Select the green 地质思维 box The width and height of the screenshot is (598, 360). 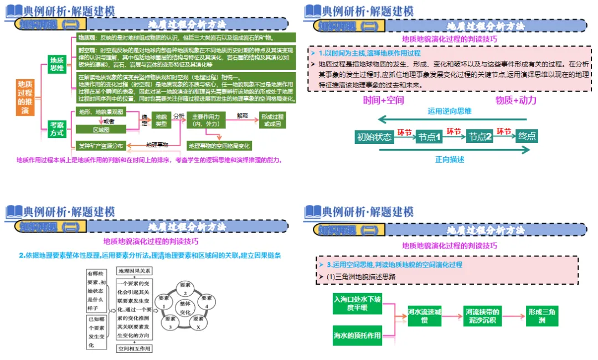pos(56,64)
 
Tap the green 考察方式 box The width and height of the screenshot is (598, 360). pos(56,129)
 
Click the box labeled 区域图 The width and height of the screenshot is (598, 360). pos(101,130)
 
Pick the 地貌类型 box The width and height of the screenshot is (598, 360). pos(161,121)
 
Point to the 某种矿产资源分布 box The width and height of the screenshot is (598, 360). pos(100,146)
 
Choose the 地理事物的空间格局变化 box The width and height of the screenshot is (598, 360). pos(219,146)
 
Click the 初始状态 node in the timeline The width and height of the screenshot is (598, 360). pos(374,137)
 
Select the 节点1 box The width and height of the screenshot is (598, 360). pos(429,137)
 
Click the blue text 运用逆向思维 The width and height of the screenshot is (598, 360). pos(449,111)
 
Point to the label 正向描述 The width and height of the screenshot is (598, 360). pos(449,160)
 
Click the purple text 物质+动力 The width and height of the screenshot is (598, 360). pos(516,100)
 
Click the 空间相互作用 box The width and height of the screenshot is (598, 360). pos(133,348)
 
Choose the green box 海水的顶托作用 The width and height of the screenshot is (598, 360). pos(358,335)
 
